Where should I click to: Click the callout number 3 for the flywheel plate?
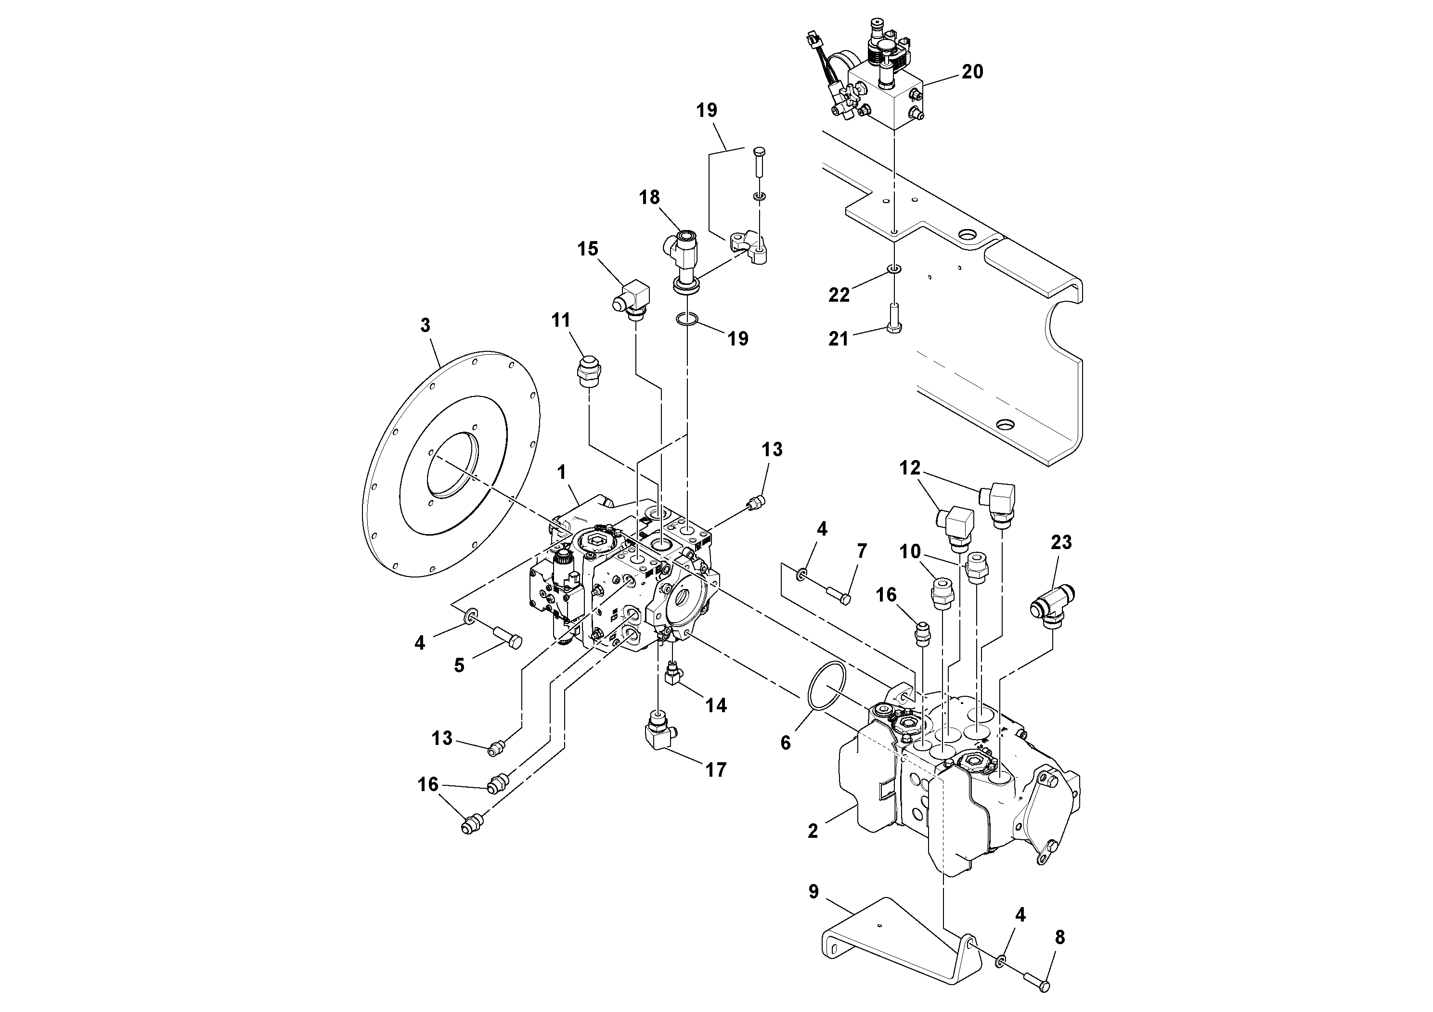[425, 326]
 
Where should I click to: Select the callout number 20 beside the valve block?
[972, 72]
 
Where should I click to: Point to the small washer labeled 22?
[894, 269]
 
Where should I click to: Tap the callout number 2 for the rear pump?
[812, 831]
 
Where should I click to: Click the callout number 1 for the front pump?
[562, 472]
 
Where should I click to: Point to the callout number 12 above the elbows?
[910, 468]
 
